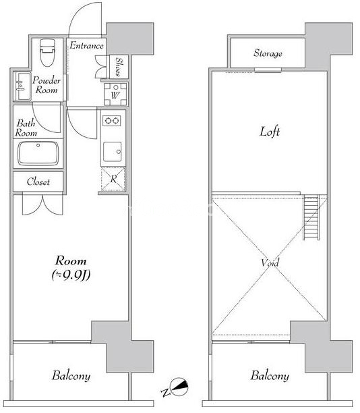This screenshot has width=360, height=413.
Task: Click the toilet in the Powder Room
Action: click(48, 53)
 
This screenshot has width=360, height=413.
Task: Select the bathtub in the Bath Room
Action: click(38, 154)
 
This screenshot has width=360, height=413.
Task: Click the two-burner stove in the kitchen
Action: click(112, 121)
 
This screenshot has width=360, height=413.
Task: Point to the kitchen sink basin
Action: click(113, 152)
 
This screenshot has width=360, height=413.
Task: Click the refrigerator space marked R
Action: click(113, 179)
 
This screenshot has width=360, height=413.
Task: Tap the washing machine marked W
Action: click(115, 94)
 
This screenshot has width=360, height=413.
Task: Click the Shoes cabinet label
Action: click(119, 67)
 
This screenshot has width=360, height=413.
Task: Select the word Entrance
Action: click(86, 46)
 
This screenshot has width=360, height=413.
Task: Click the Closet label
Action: click(38, 182)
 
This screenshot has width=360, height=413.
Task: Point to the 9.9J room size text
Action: click(71, 275)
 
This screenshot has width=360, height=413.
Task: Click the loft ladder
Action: click(311, 217)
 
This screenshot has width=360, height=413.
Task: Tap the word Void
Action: click(270, 263)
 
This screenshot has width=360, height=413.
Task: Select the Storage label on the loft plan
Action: click(268, 53)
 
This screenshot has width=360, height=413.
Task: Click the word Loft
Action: click(270, 132)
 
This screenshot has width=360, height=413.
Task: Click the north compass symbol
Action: click(179, 387)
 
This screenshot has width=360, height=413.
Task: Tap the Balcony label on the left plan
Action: click(71, 376)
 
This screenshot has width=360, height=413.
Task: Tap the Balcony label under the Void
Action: click(270, 376)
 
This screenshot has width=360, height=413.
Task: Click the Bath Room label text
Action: click(26, 128)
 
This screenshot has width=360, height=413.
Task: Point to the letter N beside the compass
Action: click(165, 393)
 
